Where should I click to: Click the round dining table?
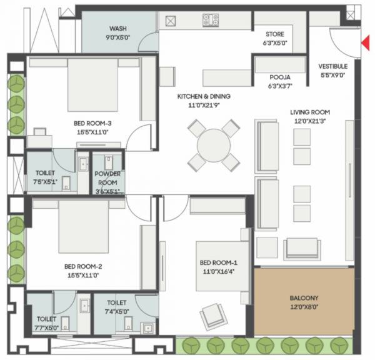pyautogui.click(x=214, y=146)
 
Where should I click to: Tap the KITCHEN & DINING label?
pyautogui.click(x=204, y=96)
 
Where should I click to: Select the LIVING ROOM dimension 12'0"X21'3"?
pyautogui.click(x=304, y=121)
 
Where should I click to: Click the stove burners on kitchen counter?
pyautogui.click(x=210, y=20)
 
